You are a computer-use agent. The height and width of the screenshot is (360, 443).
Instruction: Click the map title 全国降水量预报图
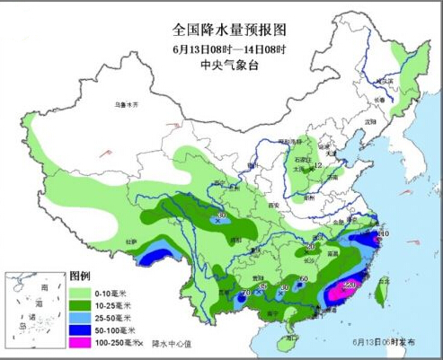tap(221, 30)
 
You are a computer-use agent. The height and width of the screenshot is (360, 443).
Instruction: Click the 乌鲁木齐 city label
tap(129, 105)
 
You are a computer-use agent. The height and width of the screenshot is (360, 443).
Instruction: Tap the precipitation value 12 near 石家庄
tap(317, 165)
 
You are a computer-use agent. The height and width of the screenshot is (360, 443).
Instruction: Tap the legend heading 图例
tap(80, 277)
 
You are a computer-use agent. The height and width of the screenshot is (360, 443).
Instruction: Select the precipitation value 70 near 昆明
tap(247, 292)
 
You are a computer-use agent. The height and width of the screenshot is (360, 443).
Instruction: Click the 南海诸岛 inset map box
tap(32, 310)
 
